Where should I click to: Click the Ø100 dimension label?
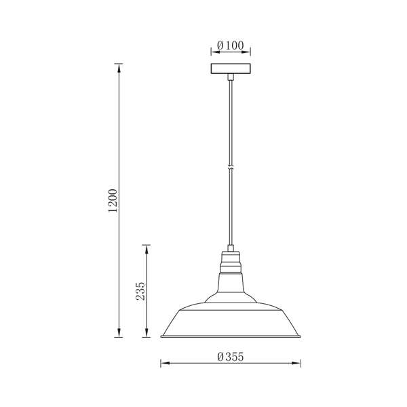pos(231,45)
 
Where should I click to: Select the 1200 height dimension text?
pos(113,200)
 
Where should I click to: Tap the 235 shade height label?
pos(140,291)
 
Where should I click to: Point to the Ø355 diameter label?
pos(231,357)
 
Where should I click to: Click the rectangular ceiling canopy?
pos(231,69)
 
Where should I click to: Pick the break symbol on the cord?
pos(231,167)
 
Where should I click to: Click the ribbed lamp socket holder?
pos(231,262)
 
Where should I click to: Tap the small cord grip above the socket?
pos(231,248)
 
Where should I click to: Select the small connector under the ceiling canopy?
pos(231,77)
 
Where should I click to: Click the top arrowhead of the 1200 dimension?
pos(119,68)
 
